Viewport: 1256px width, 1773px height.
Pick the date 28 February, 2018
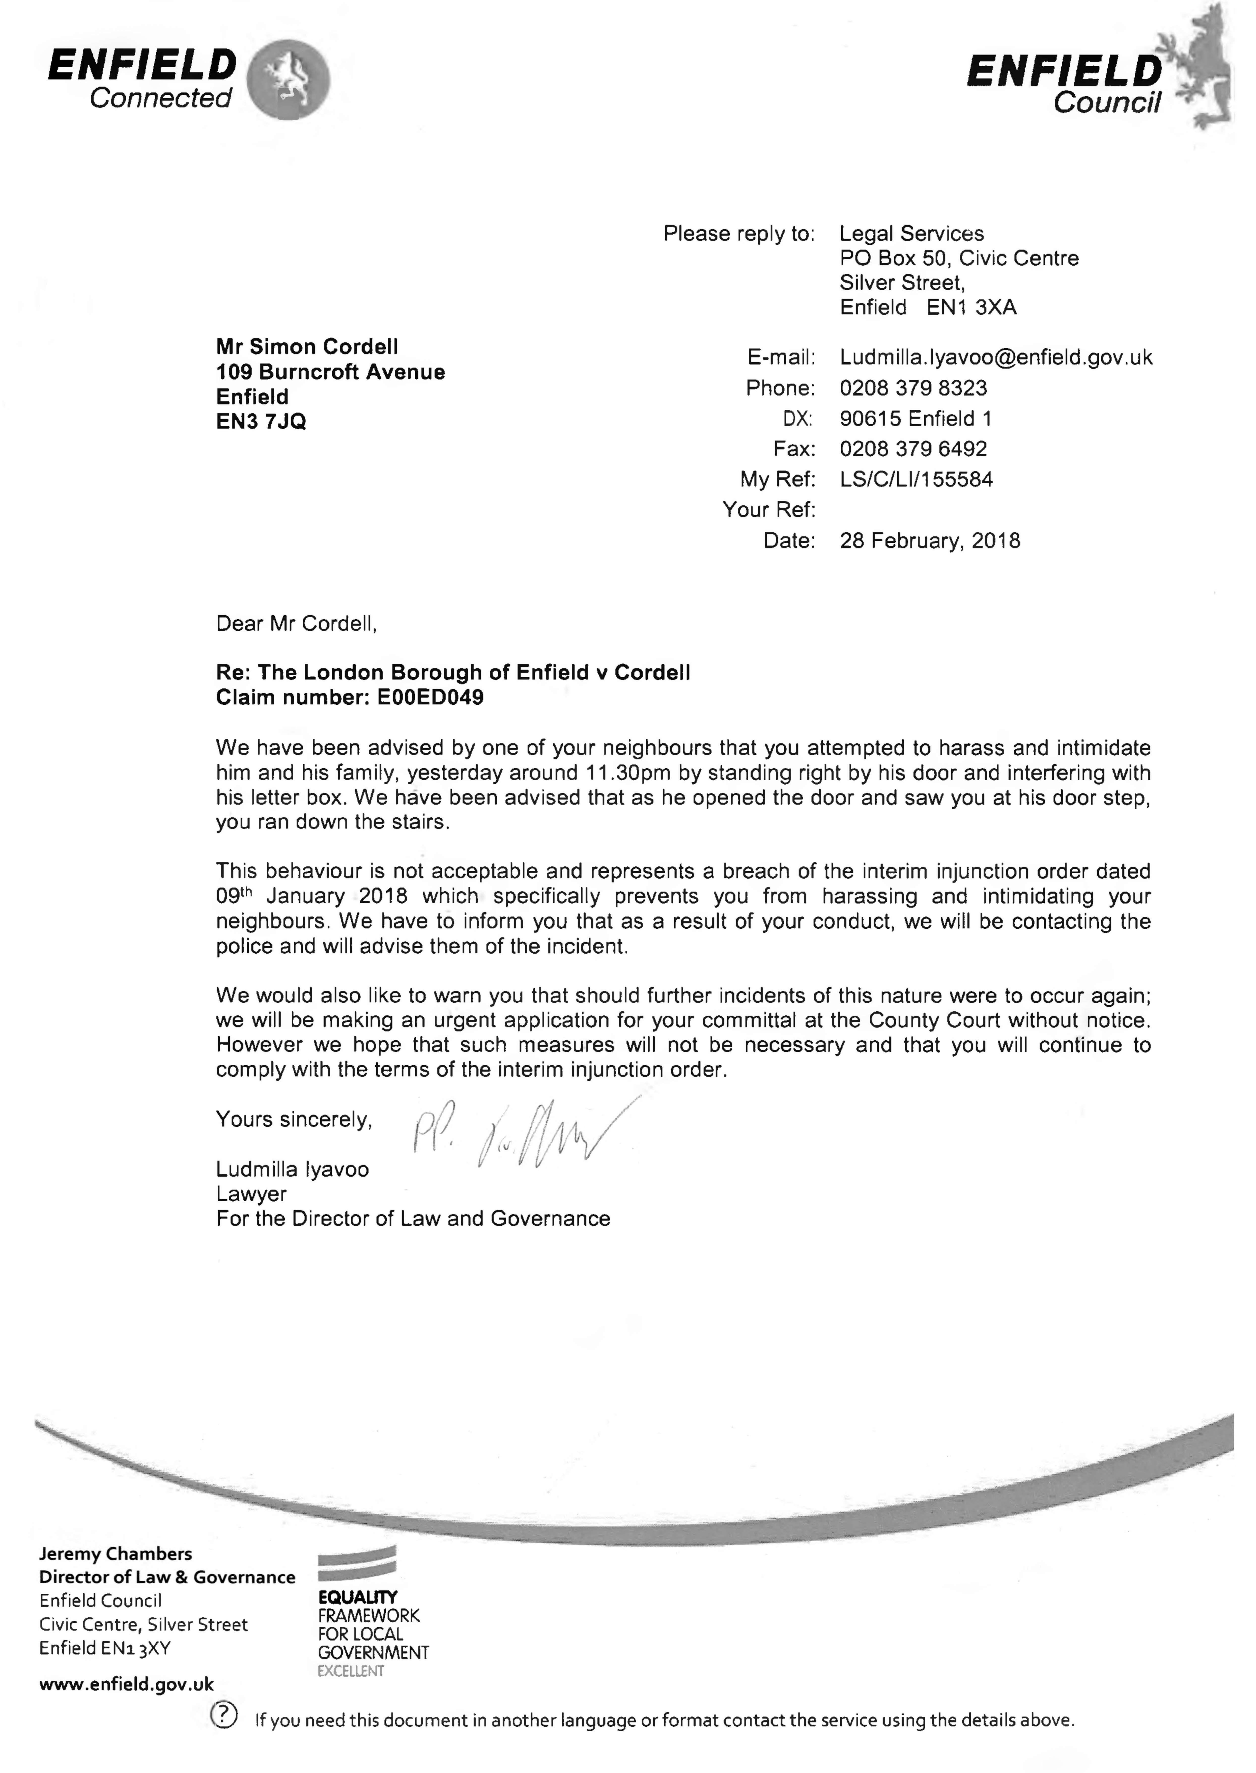point(930,541)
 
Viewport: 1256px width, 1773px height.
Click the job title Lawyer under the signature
point(251,1194)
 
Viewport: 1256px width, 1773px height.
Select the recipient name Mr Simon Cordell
point(307,347)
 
